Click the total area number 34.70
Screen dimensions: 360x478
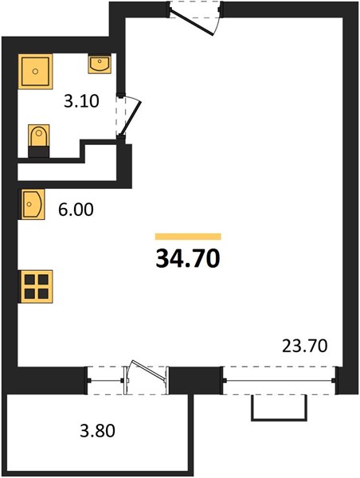[x=188, y=258]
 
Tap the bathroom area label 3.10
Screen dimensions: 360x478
[x=81, y=101]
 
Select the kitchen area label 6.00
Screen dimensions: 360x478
[x=76, y=210]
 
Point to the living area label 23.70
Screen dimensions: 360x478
[x=304, y=346]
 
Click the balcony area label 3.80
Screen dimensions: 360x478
[x=97, y=431]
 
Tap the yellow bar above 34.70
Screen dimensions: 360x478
[x=188, y=237]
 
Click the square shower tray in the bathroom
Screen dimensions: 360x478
[x=35, y=72]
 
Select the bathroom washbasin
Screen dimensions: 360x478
[x=100, y=64]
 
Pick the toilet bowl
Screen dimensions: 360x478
[x=39, y=135]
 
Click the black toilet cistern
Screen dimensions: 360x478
[x=39, y=152]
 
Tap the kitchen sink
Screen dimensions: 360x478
[x=32, y=204]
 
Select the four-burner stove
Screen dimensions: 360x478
[x=36, y=287]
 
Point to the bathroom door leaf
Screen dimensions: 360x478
[x=131, y=119]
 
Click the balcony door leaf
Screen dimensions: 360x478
[x=148, y=370]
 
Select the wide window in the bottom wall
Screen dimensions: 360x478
[x=280, y=381]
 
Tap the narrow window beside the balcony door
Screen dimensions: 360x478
[x=105, y=381]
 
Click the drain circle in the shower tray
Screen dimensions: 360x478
[x=35, y=72]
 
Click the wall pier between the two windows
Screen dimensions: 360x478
[x=195, y=381]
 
